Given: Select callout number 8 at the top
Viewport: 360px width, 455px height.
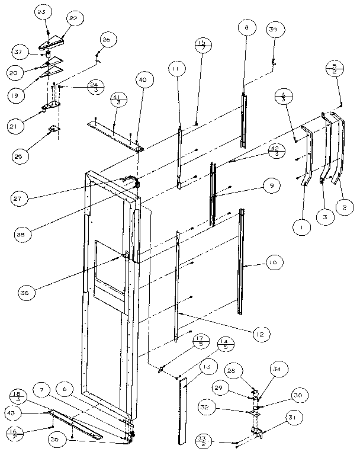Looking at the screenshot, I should coord(246,27).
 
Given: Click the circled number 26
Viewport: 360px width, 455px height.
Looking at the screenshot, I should coord(107,40).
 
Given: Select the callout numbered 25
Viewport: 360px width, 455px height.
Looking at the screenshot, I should coord(20,156).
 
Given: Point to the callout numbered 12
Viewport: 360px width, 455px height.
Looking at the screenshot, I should coord(259,334).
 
